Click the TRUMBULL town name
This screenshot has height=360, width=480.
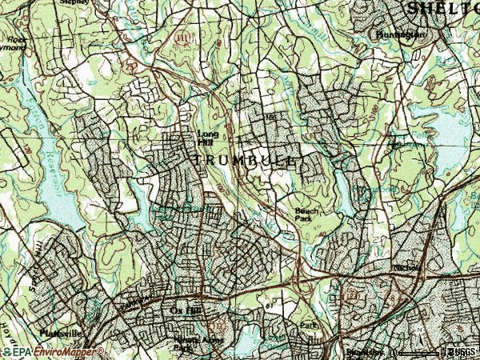point(245,160)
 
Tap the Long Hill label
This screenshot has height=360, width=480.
point(207,138)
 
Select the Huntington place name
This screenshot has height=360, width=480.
point(398,35)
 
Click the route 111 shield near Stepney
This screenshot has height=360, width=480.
point(184,37)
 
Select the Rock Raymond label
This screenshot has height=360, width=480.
point(14,42)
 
